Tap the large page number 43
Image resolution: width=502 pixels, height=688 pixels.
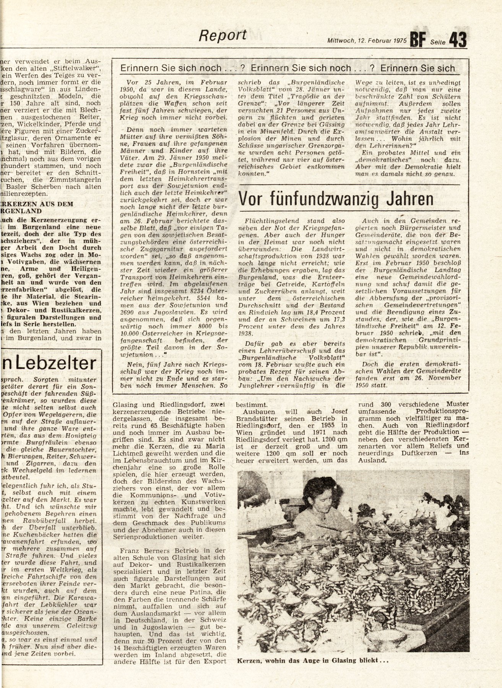[458, 40]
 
